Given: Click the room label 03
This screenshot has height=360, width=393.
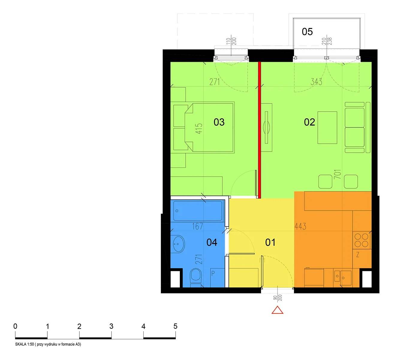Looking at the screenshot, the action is [x=219, y=122].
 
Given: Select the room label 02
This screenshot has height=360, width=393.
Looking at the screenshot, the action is [x=309, y=122].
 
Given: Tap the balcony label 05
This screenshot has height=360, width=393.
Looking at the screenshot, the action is [x=307, y=31].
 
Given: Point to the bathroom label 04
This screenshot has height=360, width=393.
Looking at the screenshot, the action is [x=212, y=242].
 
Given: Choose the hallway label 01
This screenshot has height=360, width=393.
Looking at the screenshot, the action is [x=270, y=242].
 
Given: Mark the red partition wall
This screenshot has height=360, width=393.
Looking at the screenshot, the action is [x=259, y=130].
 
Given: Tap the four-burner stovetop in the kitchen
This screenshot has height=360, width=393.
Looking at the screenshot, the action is [x=362, y=240].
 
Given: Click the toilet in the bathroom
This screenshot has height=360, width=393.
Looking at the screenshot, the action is [x=196, y=275].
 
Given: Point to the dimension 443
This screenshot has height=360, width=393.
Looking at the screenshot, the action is [x=300, y=226].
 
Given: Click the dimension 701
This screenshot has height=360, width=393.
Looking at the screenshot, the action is [x=337, y=174].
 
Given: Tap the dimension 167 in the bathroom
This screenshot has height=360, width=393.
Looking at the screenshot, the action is [x=198, y=226].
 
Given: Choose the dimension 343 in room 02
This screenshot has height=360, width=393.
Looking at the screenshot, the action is [x=316, y=82].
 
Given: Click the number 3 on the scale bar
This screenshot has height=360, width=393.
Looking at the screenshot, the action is [x=111, y=326].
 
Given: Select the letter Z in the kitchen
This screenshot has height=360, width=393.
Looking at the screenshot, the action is [x=358, y=255].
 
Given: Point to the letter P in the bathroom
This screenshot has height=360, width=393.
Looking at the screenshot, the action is [x=213, y=273].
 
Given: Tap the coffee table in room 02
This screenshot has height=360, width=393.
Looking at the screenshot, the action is [x=327, y=127].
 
